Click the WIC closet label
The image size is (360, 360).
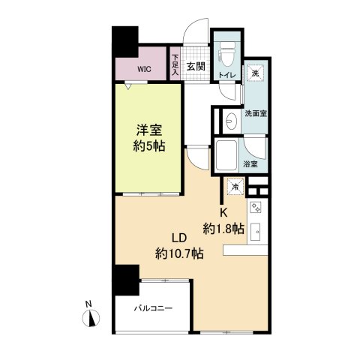click(143, 69)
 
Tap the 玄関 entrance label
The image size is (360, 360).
click(196, 66)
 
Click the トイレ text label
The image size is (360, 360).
click(225, 76)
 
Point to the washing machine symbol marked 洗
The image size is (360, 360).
click(256, 73)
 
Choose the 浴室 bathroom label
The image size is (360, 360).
click(250, 163)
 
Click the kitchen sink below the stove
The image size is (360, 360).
click(256, 231)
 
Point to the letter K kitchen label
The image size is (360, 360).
click(223, 212)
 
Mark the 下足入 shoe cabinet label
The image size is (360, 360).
click(175, 64)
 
